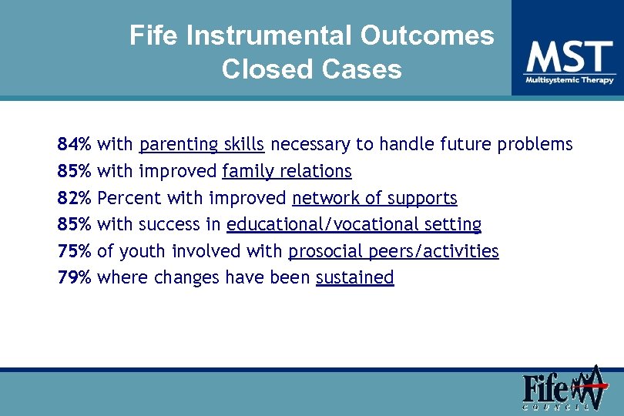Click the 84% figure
click(75, 144)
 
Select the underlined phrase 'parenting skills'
click(202, 144)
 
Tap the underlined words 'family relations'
click(287, 171)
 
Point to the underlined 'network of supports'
click(374, 198)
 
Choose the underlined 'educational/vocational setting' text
click(354, 225)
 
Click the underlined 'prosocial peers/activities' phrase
click(393, 251)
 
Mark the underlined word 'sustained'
click(354, 277)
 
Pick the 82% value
click(75, 198)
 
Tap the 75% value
click(75, 251)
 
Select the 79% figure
click(75, 277)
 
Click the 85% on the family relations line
click(75, 171)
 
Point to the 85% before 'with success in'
click(75, 225)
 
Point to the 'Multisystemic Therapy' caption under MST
click(569, 80)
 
